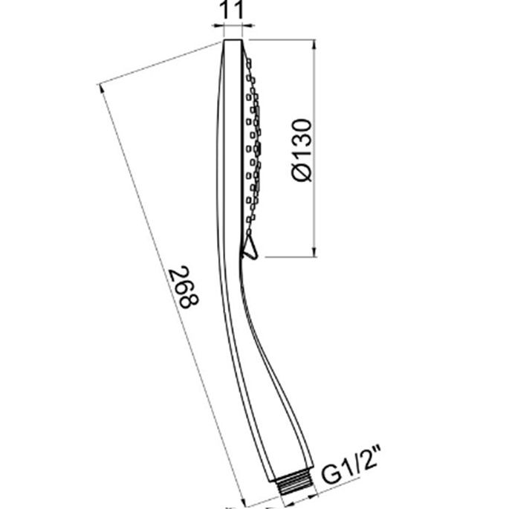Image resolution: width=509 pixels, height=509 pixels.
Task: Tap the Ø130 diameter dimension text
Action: pos(302,150)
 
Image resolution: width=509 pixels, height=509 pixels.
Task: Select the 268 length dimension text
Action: pos(184,287)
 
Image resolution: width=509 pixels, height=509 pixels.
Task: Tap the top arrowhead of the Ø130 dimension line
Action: pos(314,45)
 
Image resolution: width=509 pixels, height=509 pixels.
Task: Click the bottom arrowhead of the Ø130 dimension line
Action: pos(314,252)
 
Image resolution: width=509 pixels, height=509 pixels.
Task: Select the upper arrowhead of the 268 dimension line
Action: pos(101,88)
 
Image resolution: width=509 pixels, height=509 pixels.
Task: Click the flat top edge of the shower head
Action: pos(233,40)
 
